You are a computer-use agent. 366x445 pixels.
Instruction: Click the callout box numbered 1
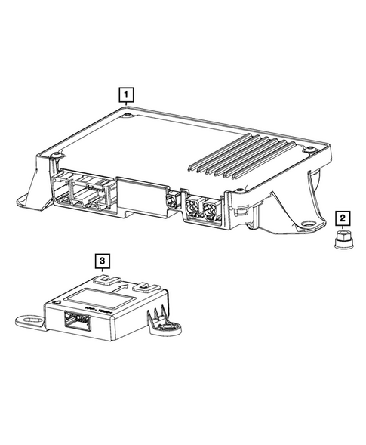(127, 95)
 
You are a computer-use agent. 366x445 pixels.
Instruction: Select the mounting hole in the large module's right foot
(309, 224)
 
